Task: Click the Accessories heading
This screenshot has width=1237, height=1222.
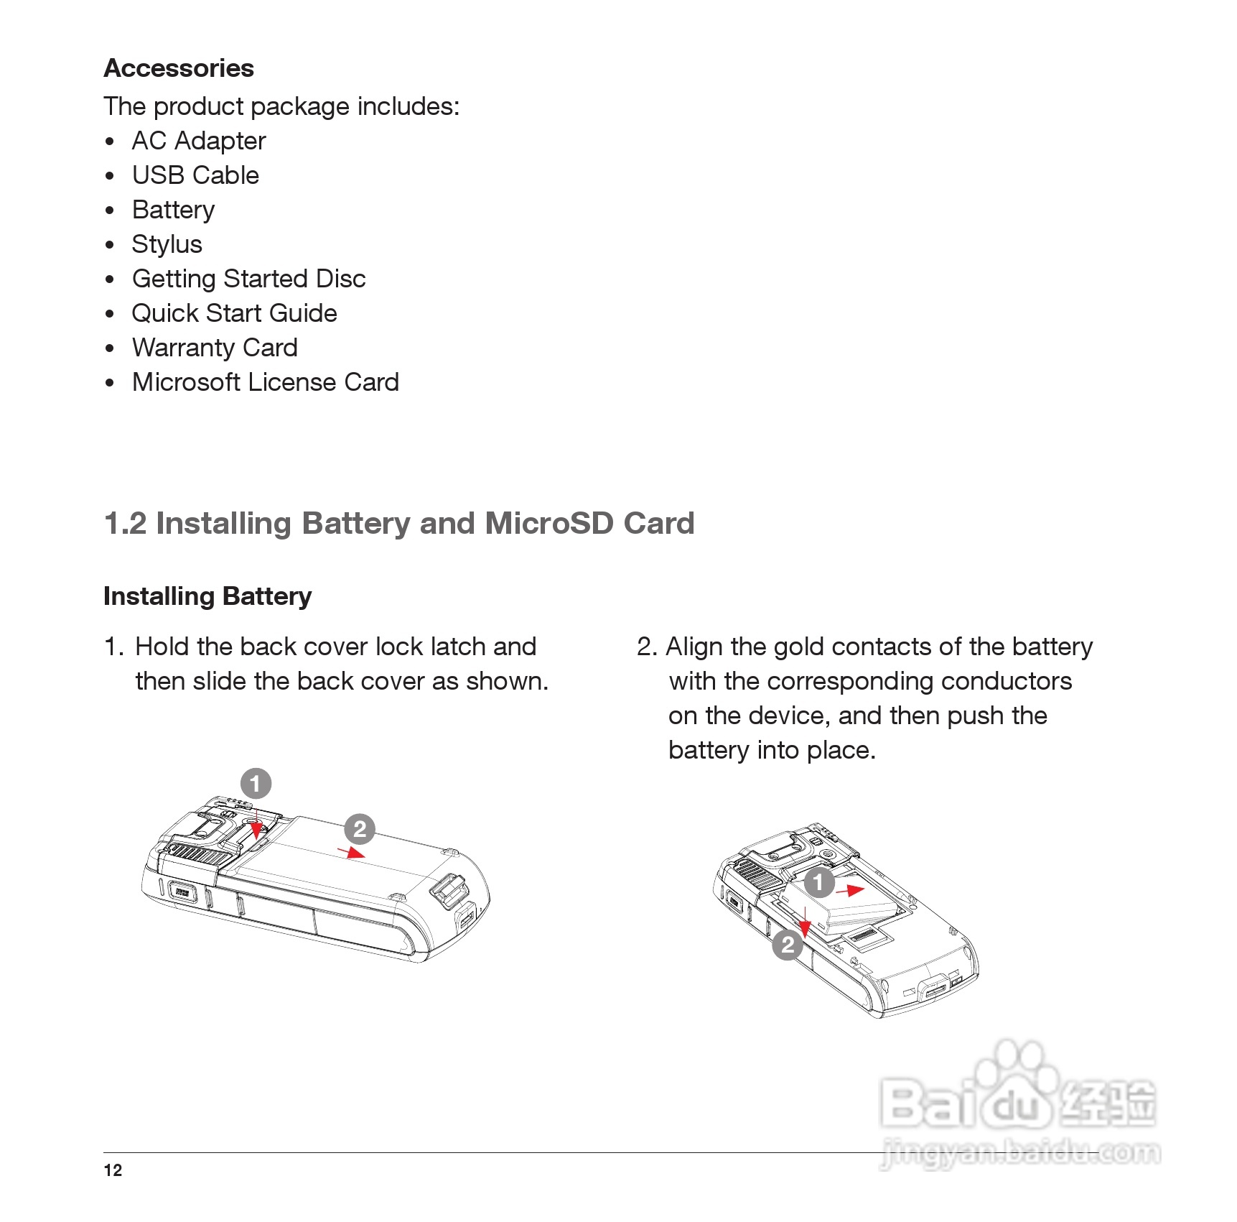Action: pyautogui.click(x=179, y=68)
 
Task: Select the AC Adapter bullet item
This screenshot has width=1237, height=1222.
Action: pyautogui.click(x=199, y=141)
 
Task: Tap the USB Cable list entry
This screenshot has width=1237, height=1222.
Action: pyautogui.click(x=195, y=175)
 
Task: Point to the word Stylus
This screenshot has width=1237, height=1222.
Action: pyautogui.click(x=167, y=244)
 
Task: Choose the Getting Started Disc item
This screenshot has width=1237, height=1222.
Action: pyautogui.click(x=248, y=279)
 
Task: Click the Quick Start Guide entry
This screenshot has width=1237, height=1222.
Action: pyautogui.click(x=234, y=313)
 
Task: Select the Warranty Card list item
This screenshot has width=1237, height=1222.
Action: pyautogui.click(x=215, y=348)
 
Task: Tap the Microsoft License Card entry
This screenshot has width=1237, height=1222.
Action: pyautogui.click(x=265, y=382)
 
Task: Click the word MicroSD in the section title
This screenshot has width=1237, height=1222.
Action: pyautogui.click(x=549, y=523)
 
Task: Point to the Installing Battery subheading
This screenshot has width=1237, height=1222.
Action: pyautogui.click(x=207, y=596)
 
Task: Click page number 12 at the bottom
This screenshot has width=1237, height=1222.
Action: pyautogui.click(x=113, y=1170)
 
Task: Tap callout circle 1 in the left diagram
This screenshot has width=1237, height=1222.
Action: pyautogui.click(x=256, y=783)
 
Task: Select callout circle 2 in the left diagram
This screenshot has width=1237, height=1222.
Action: pyautogui.click(x=360, y=829)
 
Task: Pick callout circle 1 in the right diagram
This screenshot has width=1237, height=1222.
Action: pyautogui.click(x=818, y=882)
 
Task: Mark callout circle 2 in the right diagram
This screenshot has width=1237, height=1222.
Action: pyautogui.click(x=788, y=945)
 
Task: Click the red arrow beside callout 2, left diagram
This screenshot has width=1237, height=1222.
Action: pyautogui.click(x=352, y=853)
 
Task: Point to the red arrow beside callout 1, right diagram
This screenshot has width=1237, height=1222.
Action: pyautogui.click(x=851, y=891)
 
